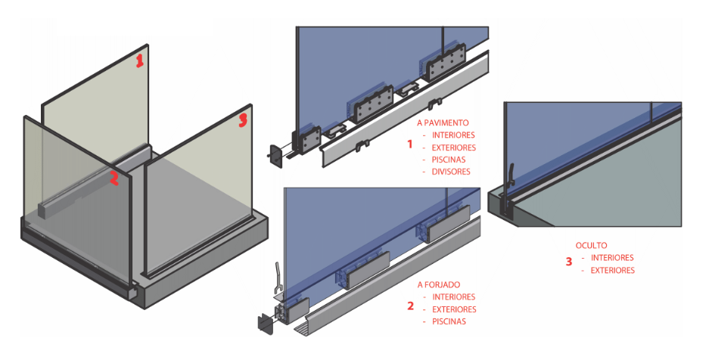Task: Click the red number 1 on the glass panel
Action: click(139, 61)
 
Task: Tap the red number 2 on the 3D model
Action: click(114, 178)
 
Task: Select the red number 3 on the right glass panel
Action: click(242, 119)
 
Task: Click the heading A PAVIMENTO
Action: click(443, 122)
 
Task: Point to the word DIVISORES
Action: click(451, 172)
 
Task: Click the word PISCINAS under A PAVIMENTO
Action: click(449, 160)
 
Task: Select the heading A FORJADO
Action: click(440, 285)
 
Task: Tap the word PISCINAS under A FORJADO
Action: click(449, 321)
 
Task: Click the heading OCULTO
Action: click(591, 246)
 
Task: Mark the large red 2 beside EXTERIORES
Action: click(410, 306)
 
